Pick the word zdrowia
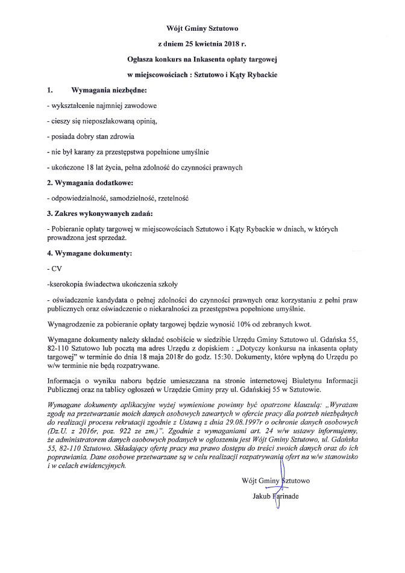121,136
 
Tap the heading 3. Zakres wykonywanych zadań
99,214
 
